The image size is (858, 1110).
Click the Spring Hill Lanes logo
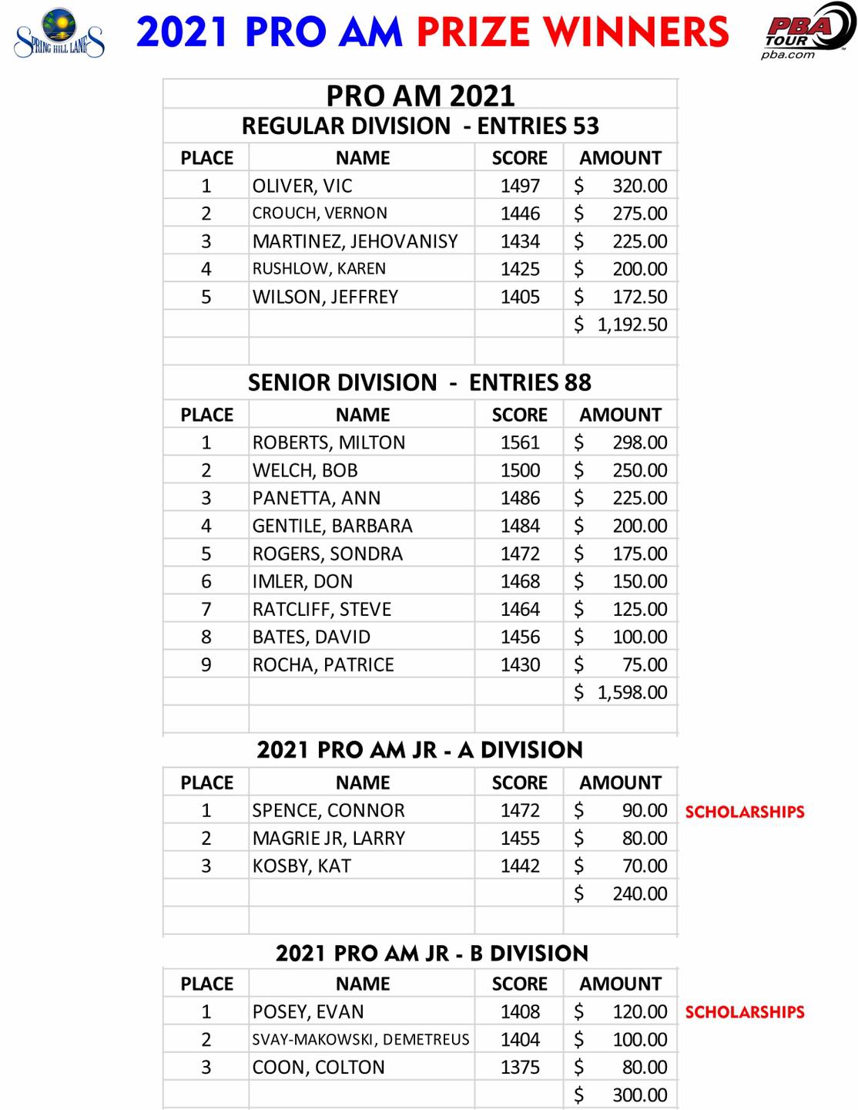[59, 33]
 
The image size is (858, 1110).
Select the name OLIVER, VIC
[302, 186]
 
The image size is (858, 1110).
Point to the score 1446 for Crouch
[520, 214]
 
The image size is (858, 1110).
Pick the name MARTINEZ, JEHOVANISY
[355, 241]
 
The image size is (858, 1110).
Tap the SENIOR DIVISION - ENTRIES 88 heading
[420, 382]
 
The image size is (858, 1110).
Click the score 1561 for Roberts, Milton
[520, 442]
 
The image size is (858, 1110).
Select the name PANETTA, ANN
[317, 498]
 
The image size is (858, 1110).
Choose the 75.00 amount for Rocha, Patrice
[645, 664]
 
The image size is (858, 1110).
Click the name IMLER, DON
[303, 581]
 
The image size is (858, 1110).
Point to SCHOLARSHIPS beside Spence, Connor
[745, 812]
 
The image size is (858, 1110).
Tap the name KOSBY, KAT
[302, 866]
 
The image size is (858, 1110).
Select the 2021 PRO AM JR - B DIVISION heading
[431, 954]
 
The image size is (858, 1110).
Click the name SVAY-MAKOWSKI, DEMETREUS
[360, 1039]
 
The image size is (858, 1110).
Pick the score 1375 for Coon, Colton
[520, 1067]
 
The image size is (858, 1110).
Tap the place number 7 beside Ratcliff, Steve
[206, 609]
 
